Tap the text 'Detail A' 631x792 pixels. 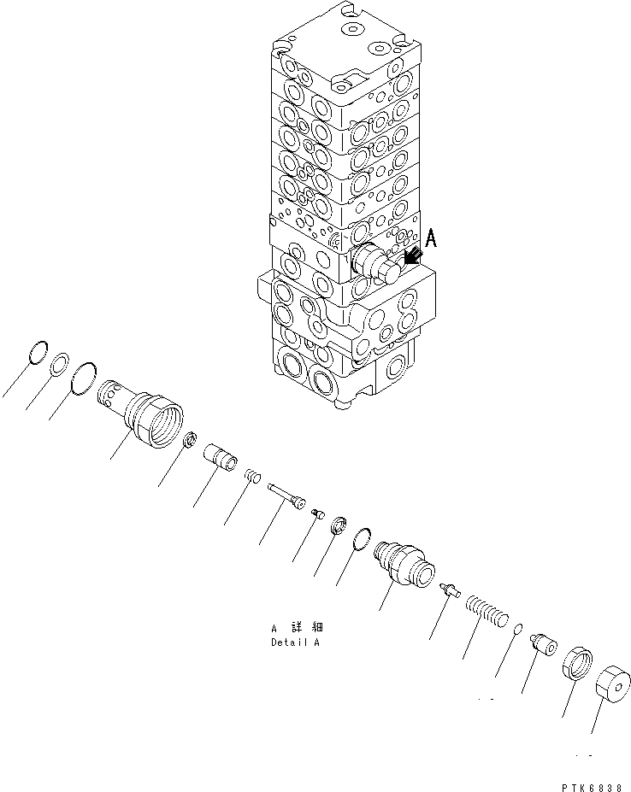pyautogui.click(x=295, y=642)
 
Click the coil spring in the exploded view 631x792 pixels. pyautogui.click(x=487, y=613)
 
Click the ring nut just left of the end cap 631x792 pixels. pyautogui.click(x=577, y=664)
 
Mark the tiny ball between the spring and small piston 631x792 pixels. pyautogui.click(x=518, y=630)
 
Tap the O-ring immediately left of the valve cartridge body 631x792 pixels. pyautogui.click(x=363, y=539)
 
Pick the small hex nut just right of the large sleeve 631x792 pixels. pyautogui.click(x=191, y=441)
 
